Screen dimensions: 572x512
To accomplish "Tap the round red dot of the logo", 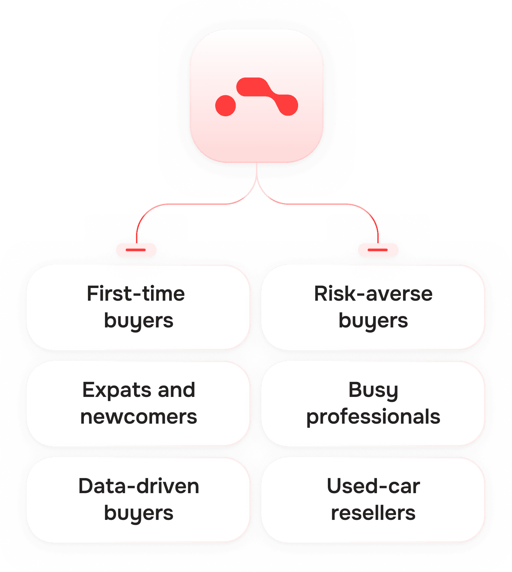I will (x=226, y=105).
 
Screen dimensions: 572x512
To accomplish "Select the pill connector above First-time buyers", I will (x=136, y=250).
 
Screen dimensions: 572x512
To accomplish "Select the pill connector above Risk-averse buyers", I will (x=378, y=250).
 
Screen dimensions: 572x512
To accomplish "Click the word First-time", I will (x=136, y=294).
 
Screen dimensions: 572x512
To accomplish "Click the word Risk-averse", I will (x=373, y=294).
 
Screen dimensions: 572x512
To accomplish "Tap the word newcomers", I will (x=139, y=417).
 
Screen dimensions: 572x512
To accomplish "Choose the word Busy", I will (x=373, y=390).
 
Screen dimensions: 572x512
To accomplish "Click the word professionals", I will (x=373, y=417).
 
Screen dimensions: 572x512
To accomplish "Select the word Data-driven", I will (x=139, y=486).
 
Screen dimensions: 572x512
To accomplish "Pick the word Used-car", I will (x=373, y=486).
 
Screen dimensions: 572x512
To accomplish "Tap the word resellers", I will (x=373, y=513).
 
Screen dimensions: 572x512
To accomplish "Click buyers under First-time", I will (x=139, y=321).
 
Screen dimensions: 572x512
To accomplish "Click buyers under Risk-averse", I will (x=373, y=321).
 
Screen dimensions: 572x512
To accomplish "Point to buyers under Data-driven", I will (x=139, y=513).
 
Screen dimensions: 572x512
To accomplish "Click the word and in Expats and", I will (x=176, y=390).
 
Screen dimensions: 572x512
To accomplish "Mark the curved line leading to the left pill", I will (x=187, y=204).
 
